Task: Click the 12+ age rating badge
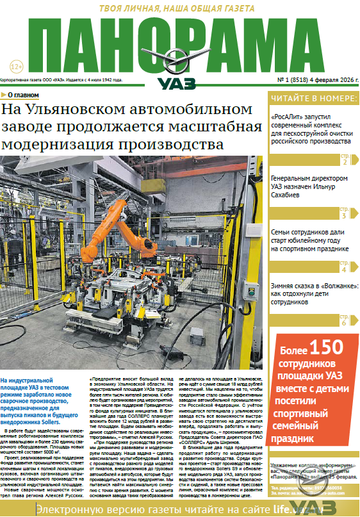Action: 17,67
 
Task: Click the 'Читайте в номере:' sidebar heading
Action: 313,99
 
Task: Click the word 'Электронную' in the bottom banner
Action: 64,509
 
